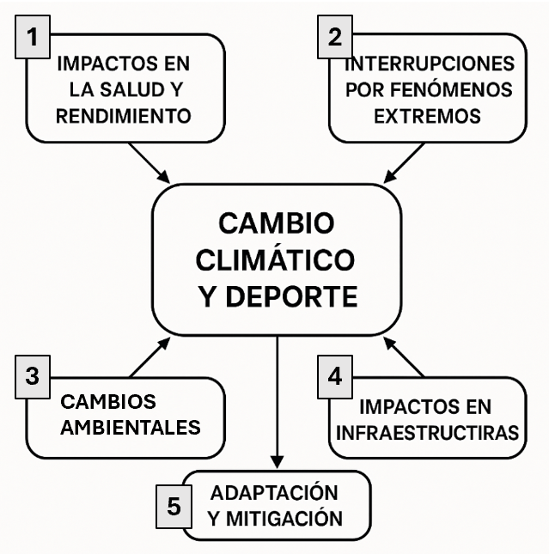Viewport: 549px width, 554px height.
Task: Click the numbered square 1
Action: click(x=33, y=38)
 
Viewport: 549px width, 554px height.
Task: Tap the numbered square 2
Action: click(x=335, y=38)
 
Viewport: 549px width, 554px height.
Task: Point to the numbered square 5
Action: click(x=174, y=507)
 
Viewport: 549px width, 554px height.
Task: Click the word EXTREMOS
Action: click(x=427, y=115)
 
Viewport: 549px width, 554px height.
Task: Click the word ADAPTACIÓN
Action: click(x=275, y=493)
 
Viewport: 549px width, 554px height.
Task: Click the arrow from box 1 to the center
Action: click(x=149, y=162)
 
